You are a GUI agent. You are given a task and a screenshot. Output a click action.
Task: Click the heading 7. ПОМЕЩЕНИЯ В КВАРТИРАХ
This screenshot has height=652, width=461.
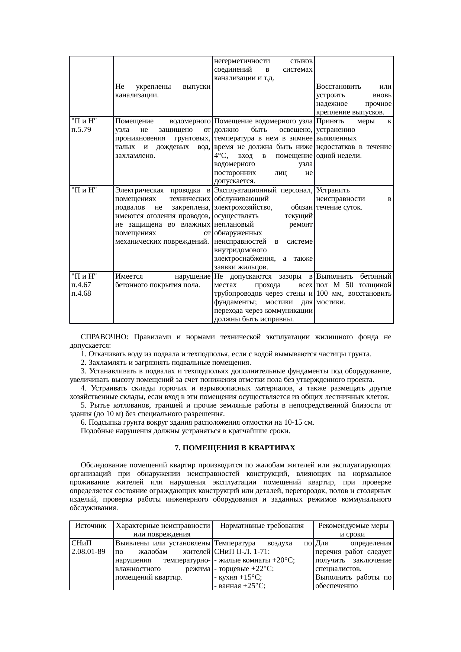235,448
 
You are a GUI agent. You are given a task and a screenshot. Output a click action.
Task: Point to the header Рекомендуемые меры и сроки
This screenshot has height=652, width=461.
353,529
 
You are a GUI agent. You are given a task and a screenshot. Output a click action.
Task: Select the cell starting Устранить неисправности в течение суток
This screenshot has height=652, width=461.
353,198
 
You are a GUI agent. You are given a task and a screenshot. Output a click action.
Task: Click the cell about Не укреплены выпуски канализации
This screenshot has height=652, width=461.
162,91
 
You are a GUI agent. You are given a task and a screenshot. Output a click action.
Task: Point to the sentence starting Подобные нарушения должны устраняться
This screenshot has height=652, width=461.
185,431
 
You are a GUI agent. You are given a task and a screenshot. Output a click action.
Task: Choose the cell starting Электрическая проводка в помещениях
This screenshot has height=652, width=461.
162,215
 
